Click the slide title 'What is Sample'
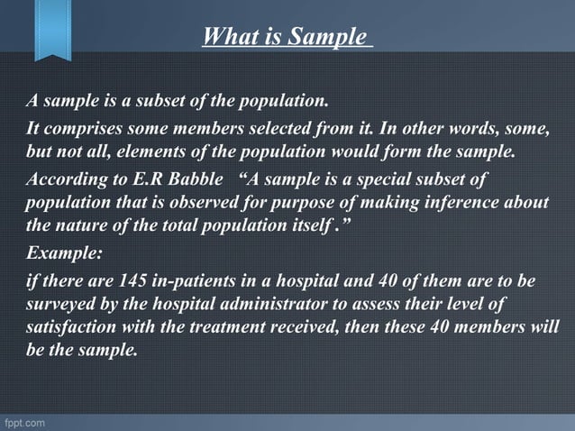click(x=287, y=37)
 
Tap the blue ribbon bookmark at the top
click(x=53, y=27)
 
